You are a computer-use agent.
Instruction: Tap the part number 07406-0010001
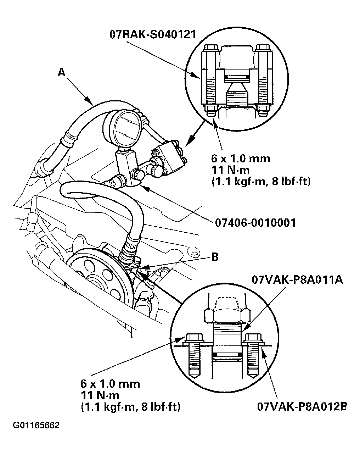click(255, 222)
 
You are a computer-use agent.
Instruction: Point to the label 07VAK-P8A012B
click(302, 406)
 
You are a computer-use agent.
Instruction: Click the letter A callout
click(62, 72)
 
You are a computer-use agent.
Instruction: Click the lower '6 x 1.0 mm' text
click(110, 383)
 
